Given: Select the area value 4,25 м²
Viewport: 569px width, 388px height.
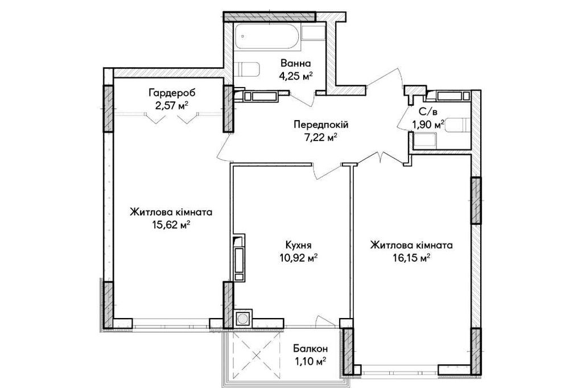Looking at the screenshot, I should [296, 76].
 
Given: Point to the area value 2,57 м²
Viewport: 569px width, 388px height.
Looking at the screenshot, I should [168, 106].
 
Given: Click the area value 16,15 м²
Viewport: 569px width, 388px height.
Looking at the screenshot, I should [410, 258].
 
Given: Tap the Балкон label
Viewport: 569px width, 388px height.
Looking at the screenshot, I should [311, 348].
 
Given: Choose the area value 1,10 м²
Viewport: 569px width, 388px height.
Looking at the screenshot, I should [311, 361].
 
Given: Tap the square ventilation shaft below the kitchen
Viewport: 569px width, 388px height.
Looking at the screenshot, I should [243, 319].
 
